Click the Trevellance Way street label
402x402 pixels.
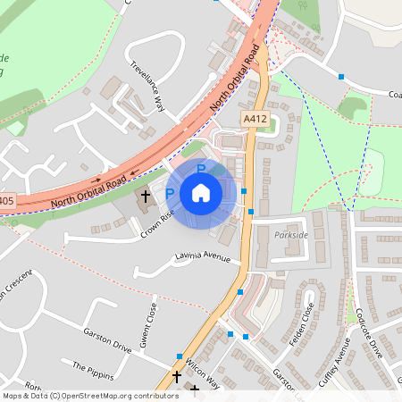click(148, 86)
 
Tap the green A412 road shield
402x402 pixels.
click(254, 117)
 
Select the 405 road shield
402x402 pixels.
click(6, 202)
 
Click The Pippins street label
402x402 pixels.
click(90, 368)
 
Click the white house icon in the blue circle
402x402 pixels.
click(201, 192)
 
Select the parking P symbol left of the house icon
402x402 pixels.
click(170, 194)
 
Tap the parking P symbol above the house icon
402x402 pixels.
click(201, 168)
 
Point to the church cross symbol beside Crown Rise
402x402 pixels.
click(144, 195)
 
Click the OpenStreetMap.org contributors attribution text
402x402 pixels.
click(111, 396)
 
